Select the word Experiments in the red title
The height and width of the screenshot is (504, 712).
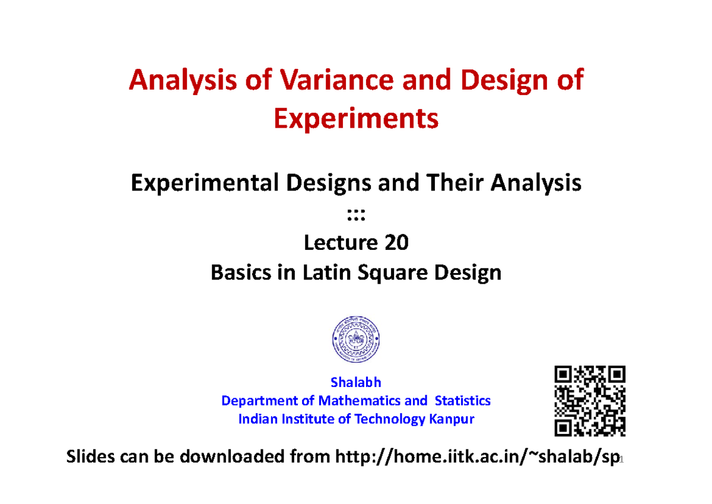click(356, 119)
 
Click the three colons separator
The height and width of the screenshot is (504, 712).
click(356, 214)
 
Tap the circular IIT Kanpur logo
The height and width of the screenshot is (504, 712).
click(356, 340)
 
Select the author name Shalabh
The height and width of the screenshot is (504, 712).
click(356, 382)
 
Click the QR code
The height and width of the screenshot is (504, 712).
click(590, 401)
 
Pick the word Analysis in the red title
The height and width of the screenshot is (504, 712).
click(176, 80)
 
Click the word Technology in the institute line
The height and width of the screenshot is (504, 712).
click(388, 419)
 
